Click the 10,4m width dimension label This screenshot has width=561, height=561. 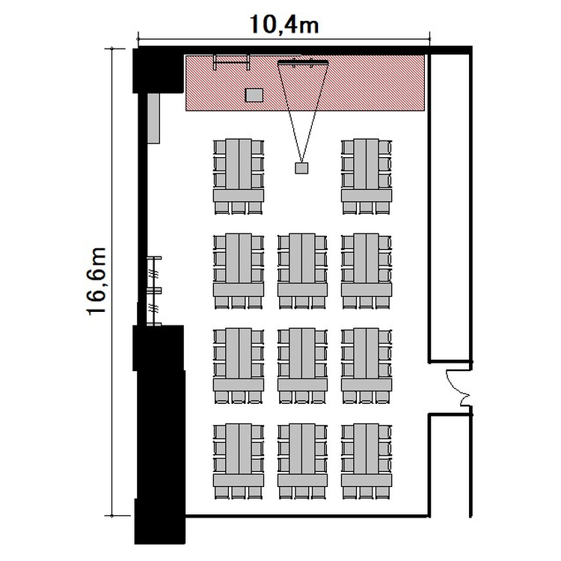(284, 25)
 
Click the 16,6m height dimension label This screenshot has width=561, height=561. (96, 281)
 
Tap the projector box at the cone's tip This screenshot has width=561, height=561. (301, 168)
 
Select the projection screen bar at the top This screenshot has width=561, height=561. (303, 63)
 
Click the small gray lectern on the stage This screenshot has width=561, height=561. (254, 95)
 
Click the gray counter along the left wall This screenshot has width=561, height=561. (153, 118)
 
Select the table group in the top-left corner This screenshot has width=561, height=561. (239, 177)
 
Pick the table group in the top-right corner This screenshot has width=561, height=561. (367, 177)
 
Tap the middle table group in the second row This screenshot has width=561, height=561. (302, 272)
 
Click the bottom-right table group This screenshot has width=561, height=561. (367, 462)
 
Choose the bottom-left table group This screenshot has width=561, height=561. (239, 462)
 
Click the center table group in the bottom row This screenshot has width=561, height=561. (302, 462)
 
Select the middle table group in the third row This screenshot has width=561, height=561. (302, 366)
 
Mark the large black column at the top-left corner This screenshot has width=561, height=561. (158, 70)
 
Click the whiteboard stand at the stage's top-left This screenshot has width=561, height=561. (231, 62)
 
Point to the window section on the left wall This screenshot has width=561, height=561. (154, 290)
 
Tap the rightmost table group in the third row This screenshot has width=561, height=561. (367, 366)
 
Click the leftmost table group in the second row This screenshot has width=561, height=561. (239, 272)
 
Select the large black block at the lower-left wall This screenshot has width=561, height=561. (159, 435)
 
